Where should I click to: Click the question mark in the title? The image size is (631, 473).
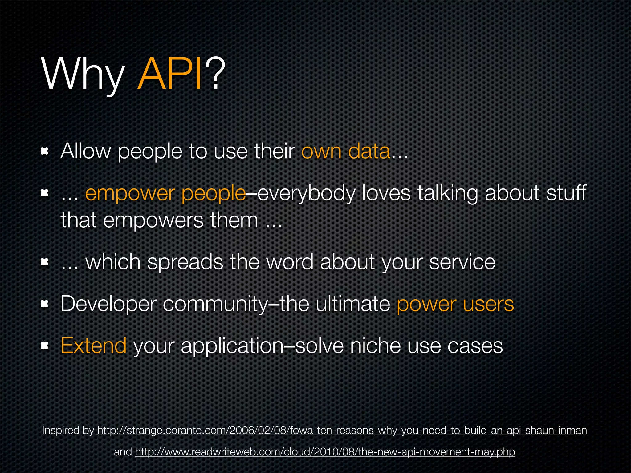(x=215, y=74)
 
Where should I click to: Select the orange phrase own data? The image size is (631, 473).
(x=345, y=151)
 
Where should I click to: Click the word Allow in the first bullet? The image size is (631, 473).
(x=85, y=151)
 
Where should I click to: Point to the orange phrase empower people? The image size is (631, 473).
(x=165, y=194)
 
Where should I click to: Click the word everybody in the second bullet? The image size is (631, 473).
(x=306, y=194)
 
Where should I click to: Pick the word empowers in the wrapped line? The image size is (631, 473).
(x=153, y=220)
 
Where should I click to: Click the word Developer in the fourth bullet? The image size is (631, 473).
(x=108, y=304)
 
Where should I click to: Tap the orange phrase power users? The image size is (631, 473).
(x=455, y=304)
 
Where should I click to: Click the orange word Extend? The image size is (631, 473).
(x=94, y=346)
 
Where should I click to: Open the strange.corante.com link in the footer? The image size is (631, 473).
(x=342, y=430)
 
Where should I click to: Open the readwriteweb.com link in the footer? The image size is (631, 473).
(x=325, y=452)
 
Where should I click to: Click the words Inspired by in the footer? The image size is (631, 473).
(x=68, y=430)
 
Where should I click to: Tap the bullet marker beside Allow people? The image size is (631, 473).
(x=45, y=151)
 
